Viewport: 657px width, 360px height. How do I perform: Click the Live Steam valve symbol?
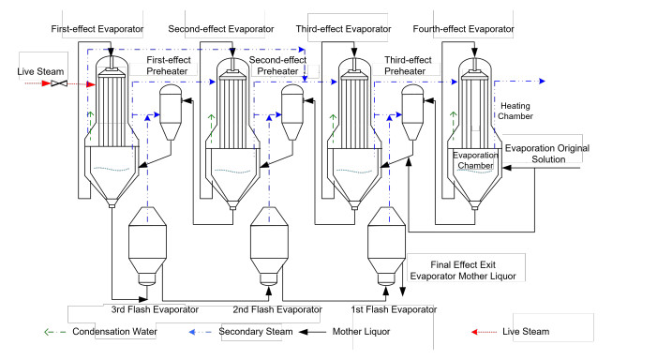pos(59,83)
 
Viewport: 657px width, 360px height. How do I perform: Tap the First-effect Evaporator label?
pos(97,29)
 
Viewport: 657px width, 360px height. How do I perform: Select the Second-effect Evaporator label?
pos(221,29)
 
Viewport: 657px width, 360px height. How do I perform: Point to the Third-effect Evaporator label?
pos(343,29)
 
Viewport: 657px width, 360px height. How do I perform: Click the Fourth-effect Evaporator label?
pos(463,29)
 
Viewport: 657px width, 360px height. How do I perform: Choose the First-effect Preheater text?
pos(168,66)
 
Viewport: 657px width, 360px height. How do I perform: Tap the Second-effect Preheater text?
pos(277,66)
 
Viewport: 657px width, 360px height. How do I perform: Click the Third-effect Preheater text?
pos(408,66)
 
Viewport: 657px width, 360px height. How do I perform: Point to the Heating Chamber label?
pos(515,111)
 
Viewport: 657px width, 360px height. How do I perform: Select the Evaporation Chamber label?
pos(475,160)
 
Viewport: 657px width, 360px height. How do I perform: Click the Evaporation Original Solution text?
pos(547,154)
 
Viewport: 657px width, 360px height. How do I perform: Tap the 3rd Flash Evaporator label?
pos(155,309)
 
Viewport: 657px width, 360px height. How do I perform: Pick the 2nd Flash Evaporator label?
pos(277,309)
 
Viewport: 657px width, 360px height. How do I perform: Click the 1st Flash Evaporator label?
pos(394,309)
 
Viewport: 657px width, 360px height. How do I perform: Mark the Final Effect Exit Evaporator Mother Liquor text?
pos(463,270)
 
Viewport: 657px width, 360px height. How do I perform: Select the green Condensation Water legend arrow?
pos(55,332)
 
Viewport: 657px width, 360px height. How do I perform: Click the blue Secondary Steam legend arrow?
pos(201,332)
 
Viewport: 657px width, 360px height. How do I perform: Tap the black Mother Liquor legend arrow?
pos(313,332)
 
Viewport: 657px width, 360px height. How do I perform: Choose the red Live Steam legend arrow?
pos(484,332)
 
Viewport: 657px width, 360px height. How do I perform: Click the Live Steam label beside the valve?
pos(40,71)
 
